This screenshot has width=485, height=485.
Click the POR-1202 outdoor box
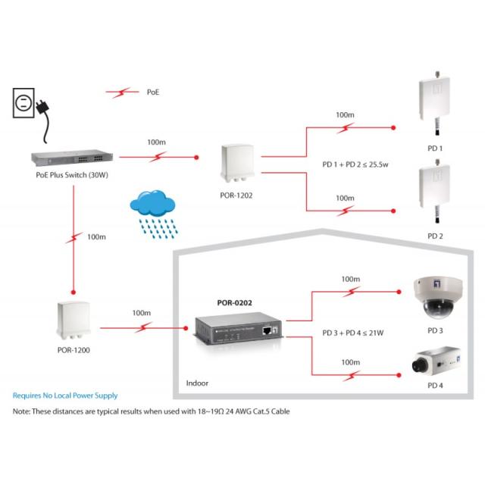pyautogui.click(x=236, y=167)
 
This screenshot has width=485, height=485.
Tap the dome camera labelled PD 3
pyautogui.click(x=434, y=297)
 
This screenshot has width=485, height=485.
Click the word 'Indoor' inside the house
pyautogui.click(x=197, y=383)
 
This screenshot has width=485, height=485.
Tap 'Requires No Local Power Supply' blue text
pyautogui.click(x=65, y=396)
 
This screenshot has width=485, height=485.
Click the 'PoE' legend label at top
pyautogui.click(x=153, y=92)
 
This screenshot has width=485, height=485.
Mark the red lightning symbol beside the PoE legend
pyautogui.click(x=121, y=92)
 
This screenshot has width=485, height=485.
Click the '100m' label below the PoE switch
pyautogui.click(x=95, y=236)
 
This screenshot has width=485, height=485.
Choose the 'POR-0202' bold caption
pyautogui.click(x=234, y=302)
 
